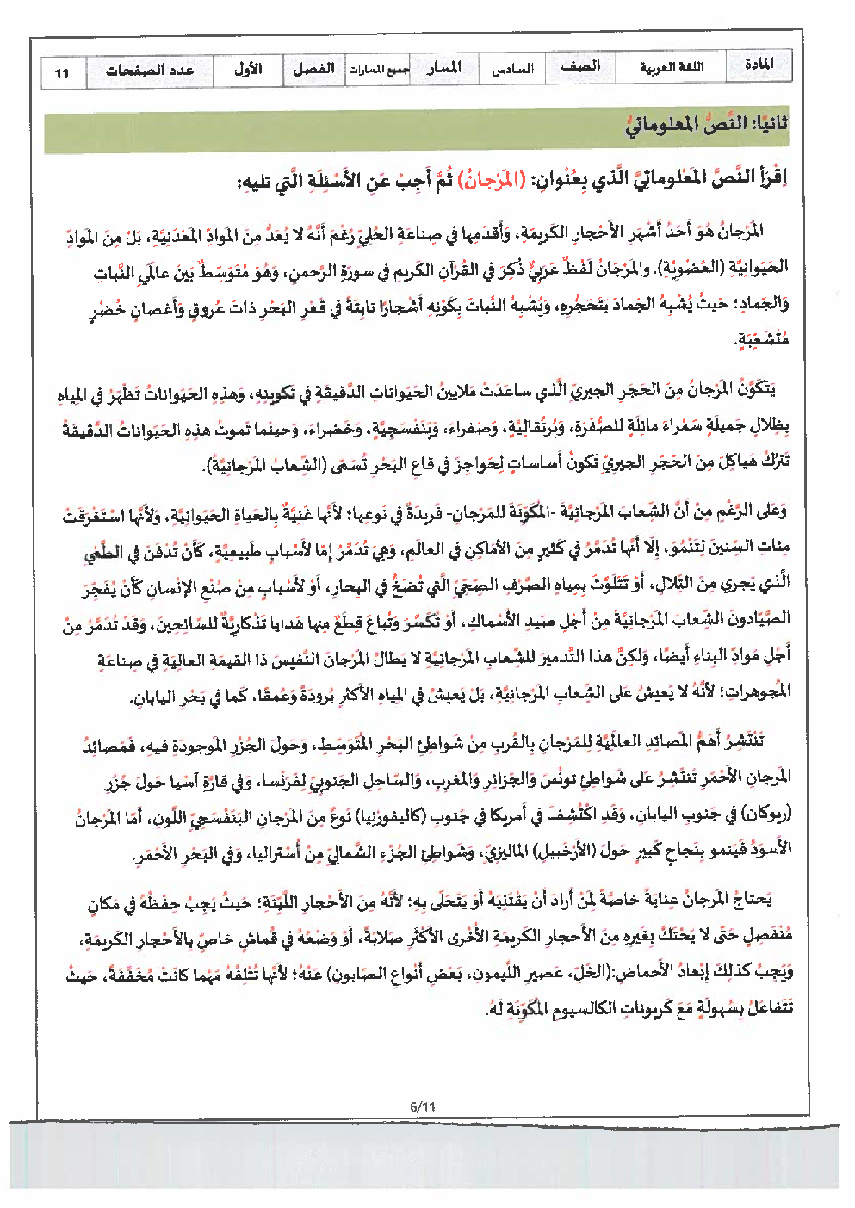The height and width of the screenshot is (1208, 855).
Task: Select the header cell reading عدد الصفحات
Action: (x=150, y=71)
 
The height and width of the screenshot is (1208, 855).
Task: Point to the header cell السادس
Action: (x=512, y=69)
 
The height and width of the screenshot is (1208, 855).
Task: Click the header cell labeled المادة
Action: (x=758, y=65)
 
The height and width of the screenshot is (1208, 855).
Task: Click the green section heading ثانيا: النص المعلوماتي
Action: (x=706, y=124)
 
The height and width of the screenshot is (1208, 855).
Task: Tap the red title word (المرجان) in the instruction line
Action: (x=488, y=180)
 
